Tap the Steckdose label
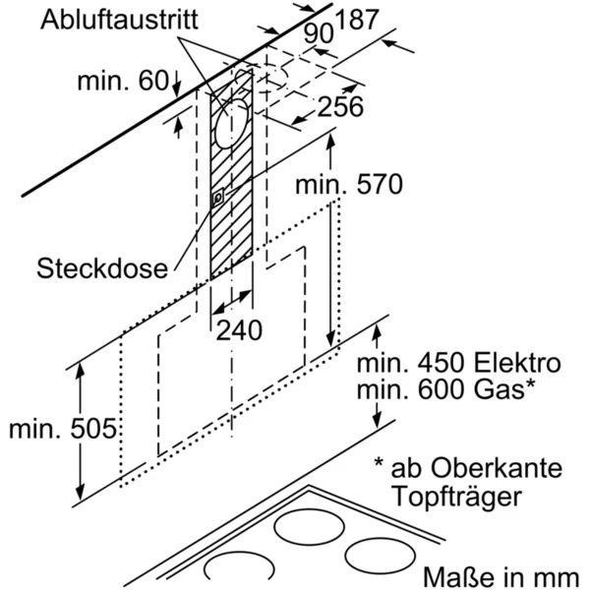[102, 267]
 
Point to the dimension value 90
[319, 32]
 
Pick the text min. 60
[124, 81]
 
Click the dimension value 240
[240, 331]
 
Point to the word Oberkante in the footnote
[479, 466]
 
